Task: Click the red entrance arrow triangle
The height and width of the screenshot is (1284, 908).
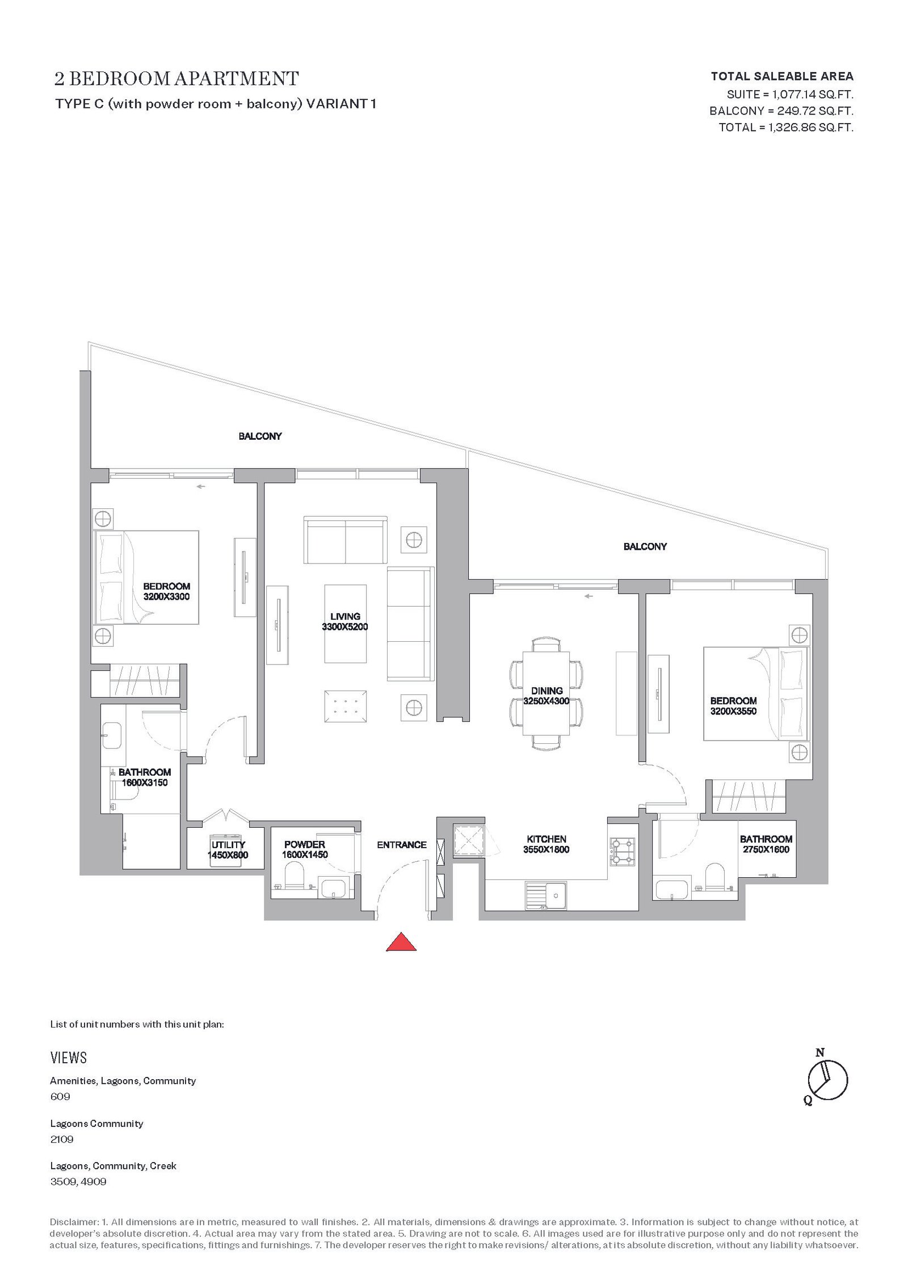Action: click(x=401, y=941)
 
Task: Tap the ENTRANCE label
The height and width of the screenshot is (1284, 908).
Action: click(x=402, y=845)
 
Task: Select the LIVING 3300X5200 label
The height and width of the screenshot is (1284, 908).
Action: click(x=345, y=622)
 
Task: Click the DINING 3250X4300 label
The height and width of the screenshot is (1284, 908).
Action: click(x=547, y=696)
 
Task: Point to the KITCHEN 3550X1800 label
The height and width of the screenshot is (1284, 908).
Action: click(x=547, y=844)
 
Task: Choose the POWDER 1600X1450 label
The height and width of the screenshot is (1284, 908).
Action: click(x=305, y=849)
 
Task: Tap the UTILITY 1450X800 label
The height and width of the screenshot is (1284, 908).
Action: click(x=228, y=850)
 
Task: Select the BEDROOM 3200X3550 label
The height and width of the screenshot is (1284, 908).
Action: click(x=733, y=706)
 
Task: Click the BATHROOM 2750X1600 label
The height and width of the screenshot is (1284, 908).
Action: click(x=766, y=844)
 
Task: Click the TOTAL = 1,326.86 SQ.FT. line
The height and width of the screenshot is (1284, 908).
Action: click(x=786, y=128)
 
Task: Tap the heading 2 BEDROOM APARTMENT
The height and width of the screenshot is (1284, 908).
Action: click(x=176, y=78)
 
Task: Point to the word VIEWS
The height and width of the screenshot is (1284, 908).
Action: click(x=69, y=1058)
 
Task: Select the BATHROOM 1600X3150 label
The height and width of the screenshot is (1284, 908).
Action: click(x=145, y=777)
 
